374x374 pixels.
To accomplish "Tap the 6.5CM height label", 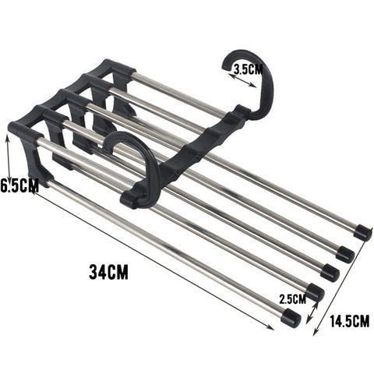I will [19, 186].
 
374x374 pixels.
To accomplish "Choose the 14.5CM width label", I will [348, 320].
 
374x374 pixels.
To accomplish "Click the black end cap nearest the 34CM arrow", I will [290, 318].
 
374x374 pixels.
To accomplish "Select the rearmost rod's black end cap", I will [362, 231].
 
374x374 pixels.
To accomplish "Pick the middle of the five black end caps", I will [330, 272].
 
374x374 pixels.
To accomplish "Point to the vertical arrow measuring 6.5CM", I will [8, 164].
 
